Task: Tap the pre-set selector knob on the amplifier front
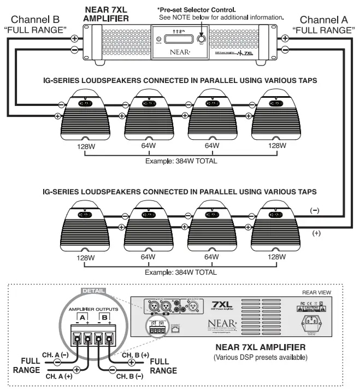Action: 201,40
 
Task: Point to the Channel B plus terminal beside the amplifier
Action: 74,38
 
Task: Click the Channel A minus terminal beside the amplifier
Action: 285,50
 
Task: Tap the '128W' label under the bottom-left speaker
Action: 84,257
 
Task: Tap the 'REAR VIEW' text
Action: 320,292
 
